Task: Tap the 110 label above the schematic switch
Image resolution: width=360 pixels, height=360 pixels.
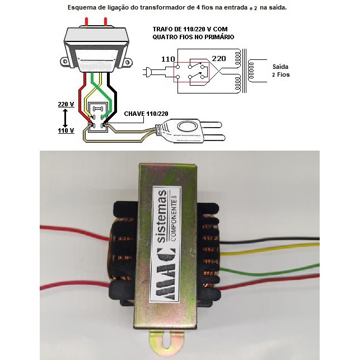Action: pyautogui.click(x=168, y=59)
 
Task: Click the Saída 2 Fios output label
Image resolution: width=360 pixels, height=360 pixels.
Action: pyautogui.click(x=280, y=70)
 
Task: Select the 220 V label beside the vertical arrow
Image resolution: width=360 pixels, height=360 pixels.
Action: pyautogui.click(x=66, y=104)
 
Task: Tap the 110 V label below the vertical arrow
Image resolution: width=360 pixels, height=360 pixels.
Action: pyautogui.click(x=66, y=130)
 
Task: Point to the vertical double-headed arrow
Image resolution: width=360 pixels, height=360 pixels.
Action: pyautogui.click(x=66, y=117)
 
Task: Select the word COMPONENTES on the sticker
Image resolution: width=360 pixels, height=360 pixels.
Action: pyautogui.click(x=175, y=224)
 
